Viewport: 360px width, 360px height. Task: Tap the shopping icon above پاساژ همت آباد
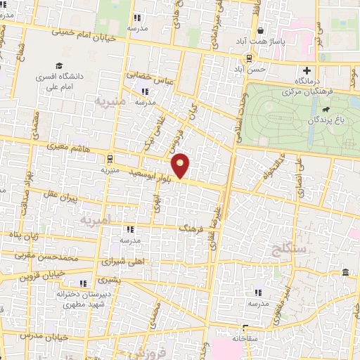click(261, 30)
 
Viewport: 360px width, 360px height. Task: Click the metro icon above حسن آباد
click(248, 58)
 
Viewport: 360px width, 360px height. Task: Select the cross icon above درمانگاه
click(307, 70)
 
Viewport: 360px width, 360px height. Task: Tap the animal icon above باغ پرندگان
click(325, 110)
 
